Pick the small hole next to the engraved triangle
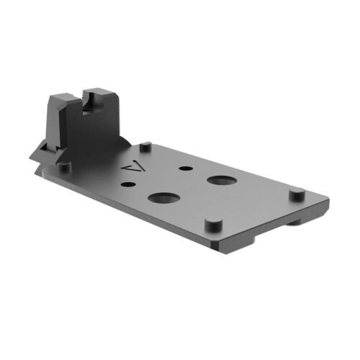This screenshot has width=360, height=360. point(128,186)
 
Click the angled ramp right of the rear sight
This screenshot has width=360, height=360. point(124,144)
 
